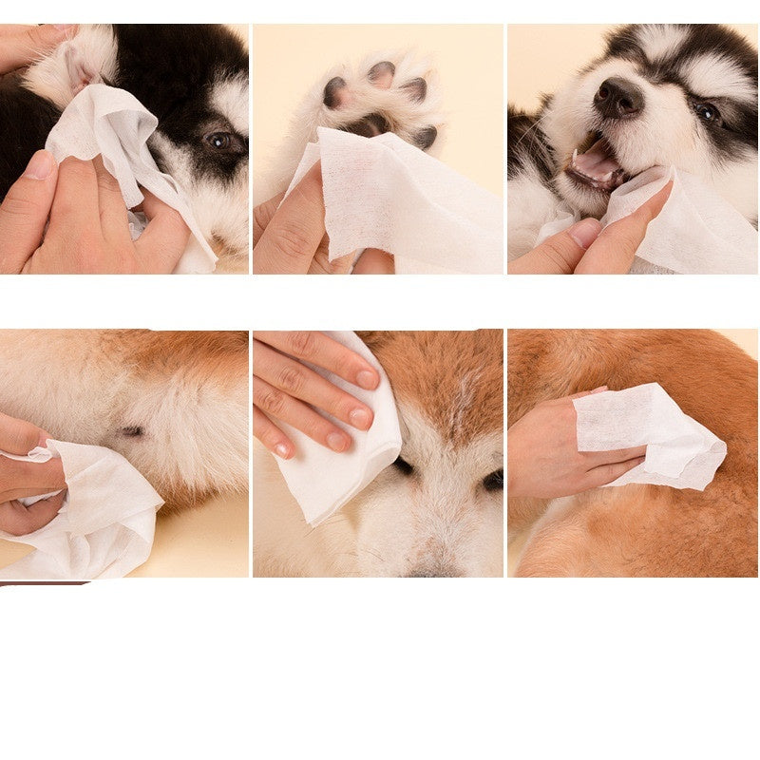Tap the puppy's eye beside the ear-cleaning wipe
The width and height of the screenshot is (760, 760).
pos(219,141)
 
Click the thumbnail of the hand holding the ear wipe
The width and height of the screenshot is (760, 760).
pos(41,165)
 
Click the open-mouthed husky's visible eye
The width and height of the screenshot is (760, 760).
pos(707,112)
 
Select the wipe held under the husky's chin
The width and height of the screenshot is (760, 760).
pos(684,223)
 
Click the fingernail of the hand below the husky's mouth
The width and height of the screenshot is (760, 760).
pos(583,232)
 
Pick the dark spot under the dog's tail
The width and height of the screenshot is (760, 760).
pos(132,431)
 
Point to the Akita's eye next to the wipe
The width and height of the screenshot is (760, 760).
pos(404,466)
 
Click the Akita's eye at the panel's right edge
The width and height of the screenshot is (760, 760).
pos(493,480)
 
